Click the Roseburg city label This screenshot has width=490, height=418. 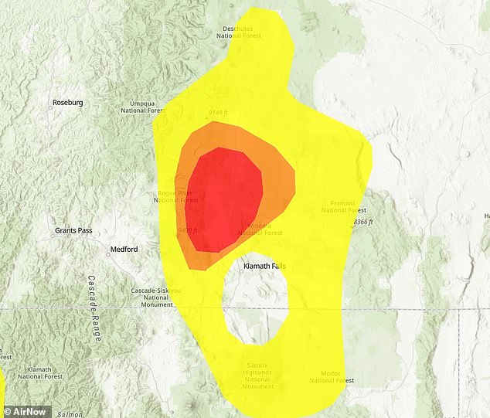point(67,103)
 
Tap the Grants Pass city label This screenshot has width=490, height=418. point(75,231)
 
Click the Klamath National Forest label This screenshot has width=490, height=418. point(41,373)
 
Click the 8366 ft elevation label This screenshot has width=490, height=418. point(362,222)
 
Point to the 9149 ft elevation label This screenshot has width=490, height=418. point(219,113)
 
